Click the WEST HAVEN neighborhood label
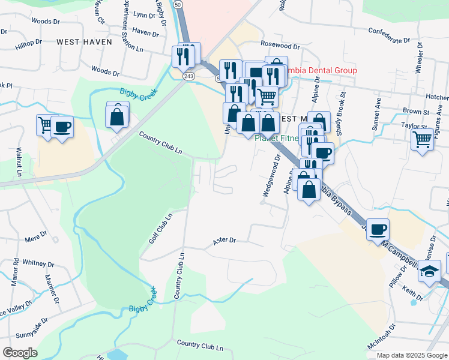point(84,42)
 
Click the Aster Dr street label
point(224,241)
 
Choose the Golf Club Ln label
point(160,228)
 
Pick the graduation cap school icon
point(430,271)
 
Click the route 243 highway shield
point(189,76)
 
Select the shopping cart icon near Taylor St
point(423,139)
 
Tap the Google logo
point(19,353)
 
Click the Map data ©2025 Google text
point(412,355)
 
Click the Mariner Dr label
point(51,290)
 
